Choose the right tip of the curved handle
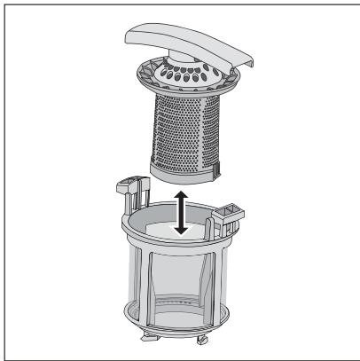(x=237, y=59)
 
